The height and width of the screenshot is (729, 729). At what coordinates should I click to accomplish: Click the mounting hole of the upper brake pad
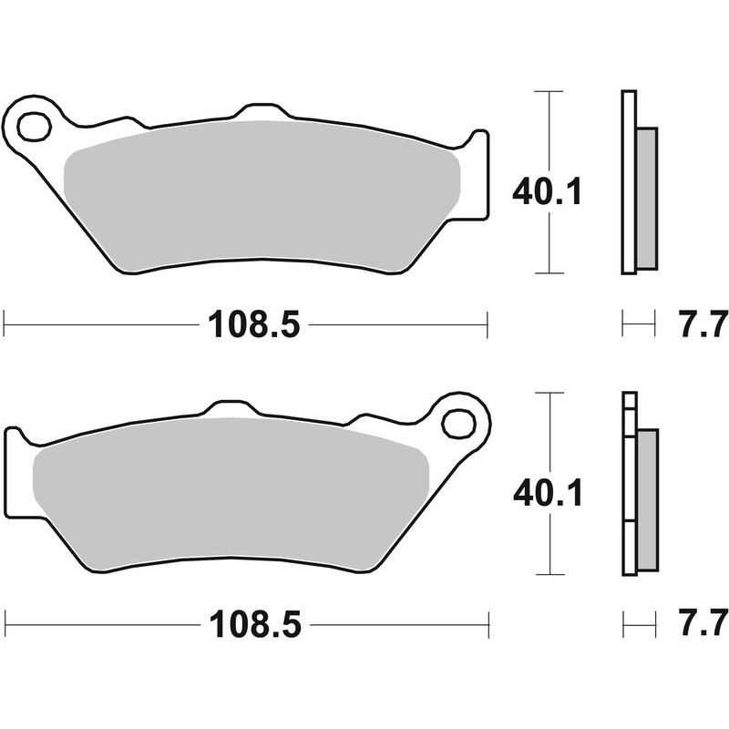click(34, 127)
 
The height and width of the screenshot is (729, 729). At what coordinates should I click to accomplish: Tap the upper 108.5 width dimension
click(254, 323)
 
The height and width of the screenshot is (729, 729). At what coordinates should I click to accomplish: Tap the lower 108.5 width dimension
click(254, 625)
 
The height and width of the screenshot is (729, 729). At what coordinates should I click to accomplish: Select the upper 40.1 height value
click(546, 191)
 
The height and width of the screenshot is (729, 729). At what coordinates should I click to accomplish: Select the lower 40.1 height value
click(547, 493)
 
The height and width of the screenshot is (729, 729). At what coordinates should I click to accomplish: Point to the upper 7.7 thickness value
click(703, 323)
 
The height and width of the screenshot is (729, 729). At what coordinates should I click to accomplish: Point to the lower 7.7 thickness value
click(703, 625)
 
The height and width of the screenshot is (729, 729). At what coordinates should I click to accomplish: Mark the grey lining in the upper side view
click(645, 198)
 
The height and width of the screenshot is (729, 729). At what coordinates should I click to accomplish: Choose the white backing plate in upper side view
click(628, 182)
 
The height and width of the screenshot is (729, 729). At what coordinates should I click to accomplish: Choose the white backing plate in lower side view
click(628, 483)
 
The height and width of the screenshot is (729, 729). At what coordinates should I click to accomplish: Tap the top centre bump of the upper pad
click(262, 113)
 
